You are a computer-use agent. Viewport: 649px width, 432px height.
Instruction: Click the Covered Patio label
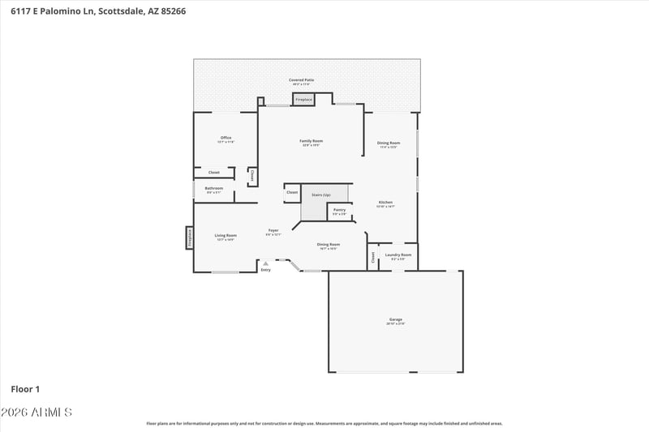tap(302, 80)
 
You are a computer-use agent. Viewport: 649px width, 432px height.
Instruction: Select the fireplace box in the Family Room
tap(303, 100)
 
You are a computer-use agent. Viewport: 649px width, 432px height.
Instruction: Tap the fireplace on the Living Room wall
tap(189, 237)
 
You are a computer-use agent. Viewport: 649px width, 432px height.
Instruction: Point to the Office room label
tap(226, 138)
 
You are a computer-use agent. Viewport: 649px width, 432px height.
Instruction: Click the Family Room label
tap(312, 141)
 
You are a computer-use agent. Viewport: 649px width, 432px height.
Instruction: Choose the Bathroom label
tap(213, 188)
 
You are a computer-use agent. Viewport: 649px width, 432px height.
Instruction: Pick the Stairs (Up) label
tap(321, 195)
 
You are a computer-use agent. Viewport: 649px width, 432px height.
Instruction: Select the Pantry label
tap(339, 210)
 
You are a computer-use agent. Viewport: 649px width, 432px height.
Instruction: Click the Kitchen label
tap(385, 202)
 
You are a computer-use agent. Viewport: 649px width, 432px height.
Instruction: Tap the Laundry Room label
tap(398, 254)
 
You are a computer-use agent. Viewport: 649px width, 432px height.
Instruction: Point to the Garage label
tap(396, 319)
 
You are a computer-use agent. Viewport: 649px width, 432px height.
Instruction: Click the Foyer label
tap(273, 231)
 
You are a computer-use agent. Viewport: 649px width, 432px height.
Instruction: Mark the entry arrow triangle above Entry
tap(265, 263)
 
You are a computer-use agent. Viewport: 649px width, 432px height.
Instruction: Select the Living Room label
tap(226, 235)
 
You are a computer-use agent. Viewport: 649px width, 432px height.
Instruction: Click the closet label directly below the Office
tap(214, 173)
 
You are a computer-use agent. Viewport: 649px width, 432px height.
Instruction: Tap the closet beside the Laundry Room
tap(373, 257)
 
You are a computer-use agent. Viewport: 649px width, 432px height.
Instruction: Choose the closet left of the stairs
tap(292, 192)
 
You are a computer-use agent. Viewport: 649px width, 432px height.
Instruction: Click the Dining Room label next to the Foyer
tap(329, 244)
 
